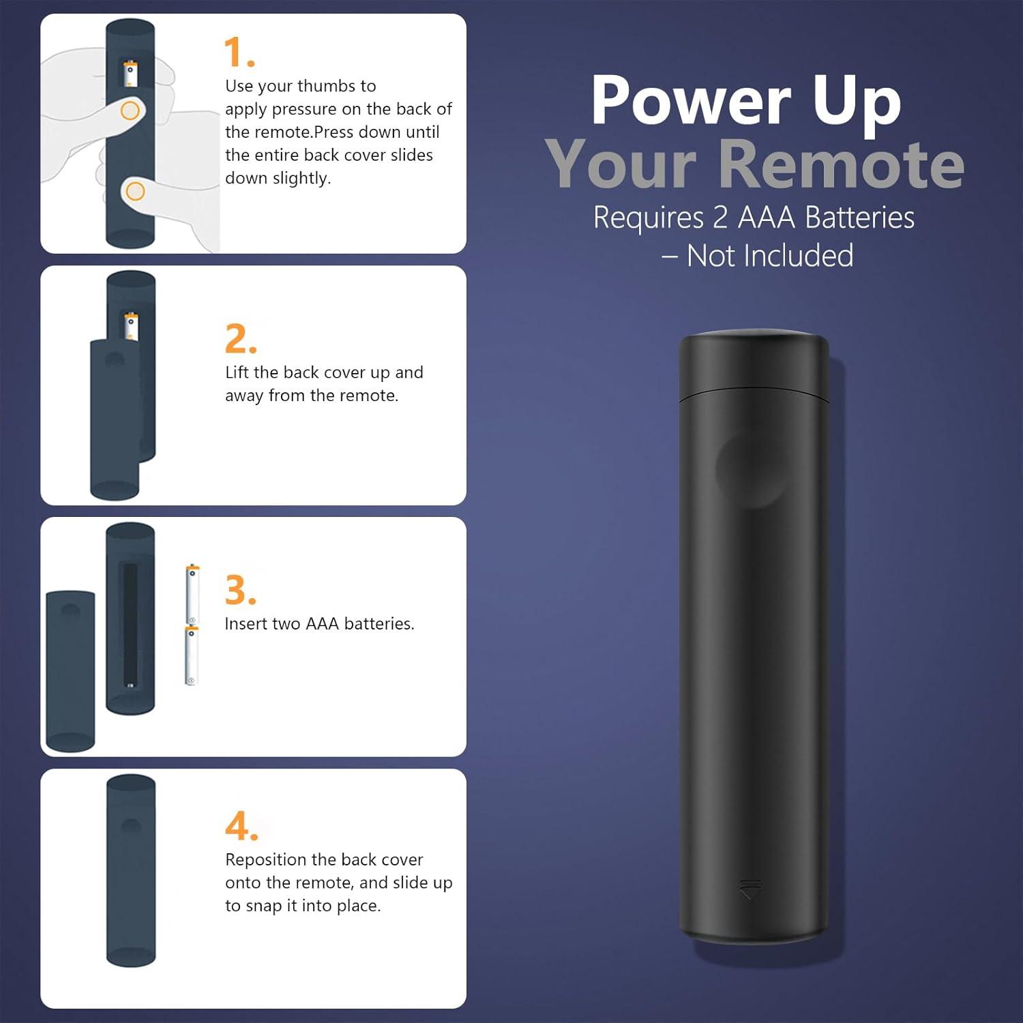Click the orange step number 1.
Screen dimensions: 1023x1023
coord(239,53)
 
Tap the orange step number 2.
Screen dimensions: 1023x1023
coord(241,339)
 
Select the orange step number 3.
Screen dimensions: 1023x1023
coord(241,591)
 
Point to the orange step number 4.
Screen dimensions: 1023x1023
coord(241,827)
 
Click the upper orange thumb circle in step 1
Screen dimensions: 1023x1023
coord(130,110)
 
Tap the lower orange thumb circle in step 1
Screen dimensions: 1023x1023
coord(136,191)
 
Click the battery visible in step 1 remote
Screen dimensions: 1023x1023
coord(130,74)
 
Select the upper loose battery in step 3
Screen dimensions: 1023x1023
coord(192,593)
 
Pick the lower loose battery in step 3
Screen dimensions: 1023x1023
coord(192,655)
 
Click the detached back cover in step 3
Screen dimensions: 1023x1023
coord(70,672)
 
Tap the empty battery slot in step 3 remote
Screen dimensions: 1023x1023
coord(130,624)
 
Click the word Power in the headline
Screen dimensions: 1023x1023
coord(690,101)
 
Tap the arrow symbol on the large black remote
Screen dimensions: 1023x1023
coord(750,889)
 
